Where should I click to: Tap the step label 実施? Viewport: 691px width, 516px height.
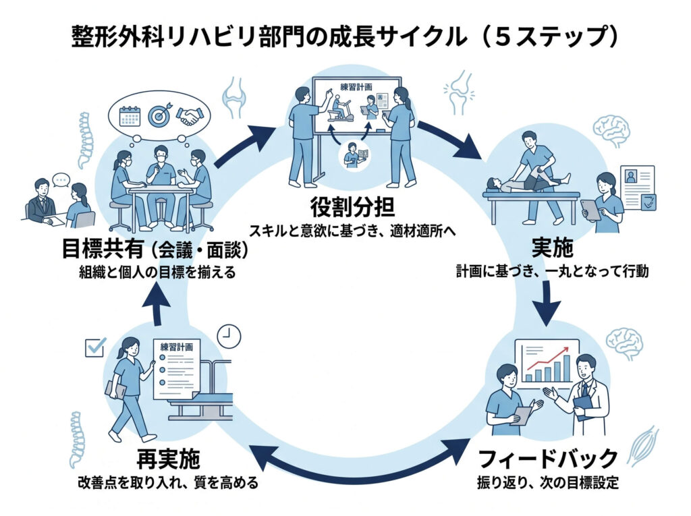[x=552, y=248]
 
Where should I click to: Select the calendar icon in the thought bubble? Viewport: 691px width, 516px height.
[x=128, y=116]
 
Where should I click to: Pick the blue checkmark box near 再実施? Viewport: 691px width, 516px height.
[x=94, y=347]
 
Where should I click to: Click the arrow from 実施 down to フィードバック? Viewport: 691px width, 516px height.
[x=551, y=301]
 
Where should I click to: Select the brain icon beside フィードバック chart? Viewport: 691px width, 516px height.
[x=624, y=343]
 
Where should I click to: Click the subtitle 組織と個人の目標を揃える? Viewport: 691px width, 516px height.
[x=159, y=274]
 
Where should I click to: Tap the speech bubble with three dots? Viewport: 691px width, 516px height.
[x=62, y=181]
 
